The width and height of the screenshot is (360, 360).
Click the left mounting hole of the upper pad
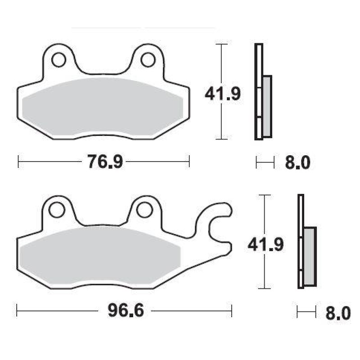click(59, 60)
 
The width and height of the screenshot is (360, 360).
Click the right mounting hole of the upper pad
click(148, 60)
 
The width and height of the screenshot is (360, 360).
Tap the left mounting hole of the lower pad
click(57, 210)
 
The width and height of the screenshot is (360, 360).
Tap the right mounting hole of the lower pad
click(144, 210)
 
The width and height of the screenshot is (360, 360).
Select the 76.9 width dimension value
click(105, 162)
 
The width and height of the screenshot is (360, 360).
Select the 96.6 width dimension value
click(126, 310)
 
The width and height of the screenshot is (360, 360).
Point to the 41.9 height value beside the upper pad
click(222, 94)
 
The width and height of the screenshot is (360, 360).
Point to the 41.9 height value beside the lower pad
click(265, 244)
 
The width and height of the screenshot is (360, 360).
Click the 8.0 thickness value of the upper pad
click(297, 162)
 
